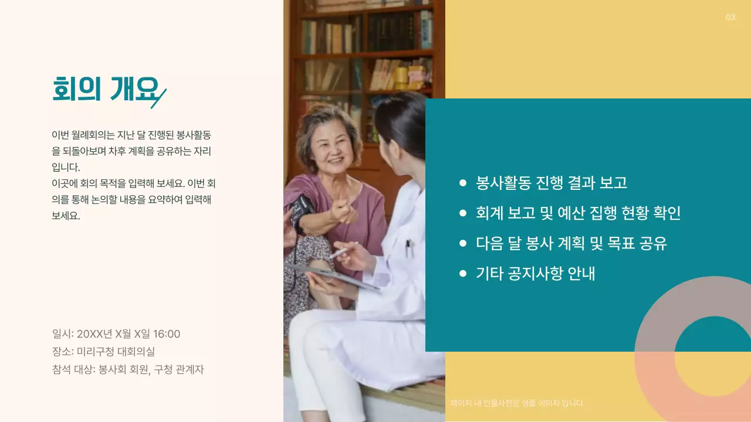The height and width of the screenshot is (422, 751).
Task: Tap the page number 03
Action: pyautogui.click(x=730, y=18)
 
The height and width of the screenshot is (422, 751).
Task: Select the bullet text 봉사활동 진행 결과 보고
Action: pyautogui.click(x=552, y=183)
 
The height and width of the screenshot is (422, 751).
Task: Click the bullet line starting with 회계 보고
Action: pyautogui.click(x=578, y=213)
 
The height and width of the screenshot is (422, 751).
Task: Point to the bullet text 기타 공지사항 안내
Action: pyautogui.click(x=535, y=273)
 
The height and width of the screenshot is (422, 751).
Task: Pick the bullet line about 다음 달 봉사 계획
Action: pyautogui.click(x=571, y=243)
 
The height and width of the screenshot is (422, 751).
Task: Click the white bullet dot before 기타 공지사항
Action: pyautogui.click(x=463, y=273)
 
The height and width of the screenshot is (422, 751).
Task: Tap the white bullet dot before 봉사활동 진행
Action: pyautogui.click(x=463, y=183)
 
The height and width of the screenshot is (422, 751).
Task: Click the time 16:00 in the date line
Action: pyautogui.click(x=167, y=334)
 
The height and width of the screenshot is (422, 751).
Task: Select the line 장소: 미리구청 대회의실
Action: pyautogui.click(x=103, y=352)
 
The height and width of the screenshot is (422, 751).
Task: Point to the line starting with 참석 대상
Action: pyautogui.click(x=128, y=369)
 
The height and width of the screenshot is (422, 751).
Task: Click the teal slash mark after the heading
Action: pyautogui.click(x=159, y=98)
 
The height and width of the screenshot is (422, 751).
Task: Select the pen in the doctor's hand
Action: pyautogui.click(x=340, y=252)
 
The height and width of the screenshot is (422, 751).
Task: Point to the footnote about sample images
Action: pyautogui.click(x=516, y=403)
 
